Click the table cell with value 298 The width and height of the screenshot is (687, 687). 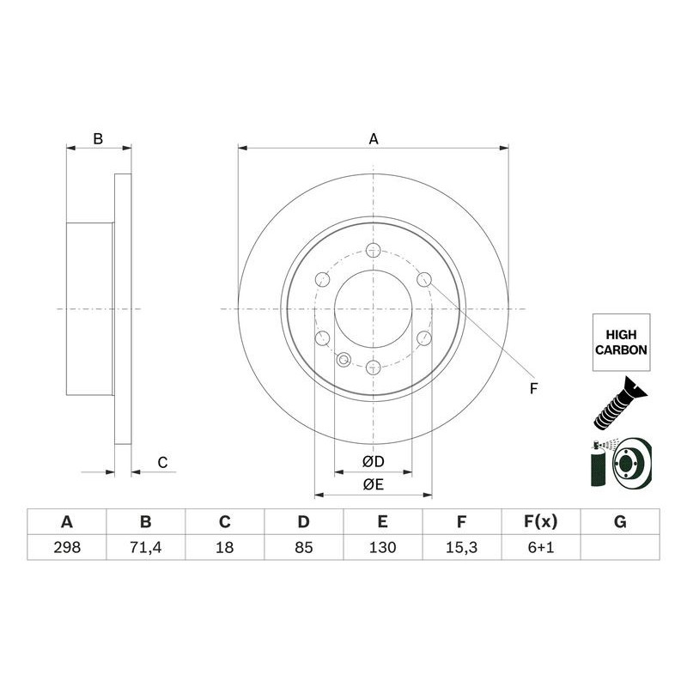tap(66, 547)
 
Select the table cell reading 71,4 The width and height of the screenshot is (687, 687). tap(145, 547)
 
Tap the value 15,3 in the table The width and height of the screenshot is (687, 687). tap(461, 547)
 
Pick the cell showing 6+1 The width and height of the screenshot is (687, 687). tap(540, 547)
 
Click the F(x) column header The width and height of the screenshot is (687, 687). tap(540, 522)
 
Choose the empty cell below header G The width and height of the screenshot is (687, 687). tap(620, 547)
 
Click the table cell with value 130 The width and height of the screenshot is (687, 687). tap(382, 547)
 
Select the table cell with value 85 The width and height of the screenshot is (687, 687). tap(303, 547)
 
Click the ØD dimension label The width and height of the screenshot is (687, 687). tap(373, 462)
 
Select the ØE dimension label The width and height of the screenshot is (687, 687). tap(373, 485)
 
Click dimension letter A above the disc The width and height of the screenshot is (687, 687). tap(373, 138)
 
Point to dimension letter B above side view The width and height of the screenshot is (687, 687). tap(98, 138)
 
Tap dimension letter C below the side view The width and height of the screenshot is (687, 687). tap(162, 463)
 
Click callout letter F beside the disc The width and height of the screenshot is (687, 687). tap(532, 389)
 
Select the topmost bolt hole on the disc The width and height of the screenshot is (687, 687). tap(373, 250)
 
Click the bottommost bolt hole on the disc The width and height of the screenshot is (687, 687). tap(373, 368)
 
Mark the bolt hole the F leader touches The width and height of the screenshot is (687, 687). tap(423, 279)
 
